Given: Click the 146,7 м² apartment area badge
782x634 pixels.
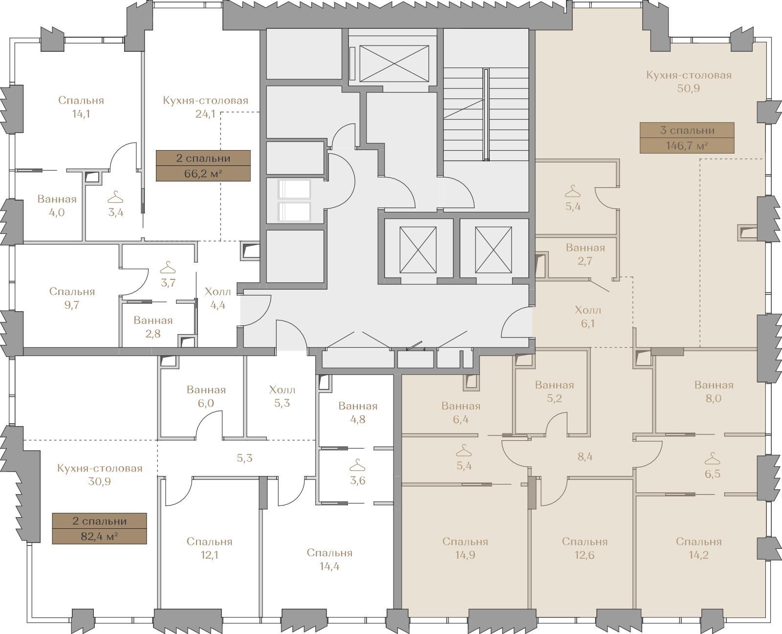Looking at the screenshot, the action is tap(687, 137).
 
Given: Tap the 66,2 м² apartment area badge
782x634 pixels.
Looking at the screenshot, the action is tap(203, 165).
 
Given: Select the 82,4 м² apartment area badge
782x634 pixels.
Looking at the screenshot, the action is tap(100, 528).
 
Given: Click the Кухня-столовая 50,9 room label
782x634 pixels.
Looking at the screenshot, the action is tap(689, 82).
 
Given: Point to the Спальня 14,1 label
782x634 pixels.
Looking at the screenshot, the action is tap(81, 107).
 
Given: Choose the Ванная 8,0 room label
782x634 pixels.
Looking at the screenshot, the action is tap(714, 391).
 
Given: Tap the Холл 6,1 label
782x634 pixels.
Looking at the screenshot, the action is tap(588, 317).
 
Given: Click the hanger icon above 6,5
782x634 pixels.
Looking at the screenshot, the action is tap(712, 458).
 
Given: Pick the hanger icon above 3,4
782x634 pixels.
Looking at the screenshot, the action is tap(115, 197).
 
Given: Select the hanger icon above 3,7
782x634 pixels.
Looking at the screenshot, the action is tap(168, 267).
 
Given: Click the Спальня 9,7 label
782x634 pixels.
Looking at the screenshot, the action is tap(72, 298).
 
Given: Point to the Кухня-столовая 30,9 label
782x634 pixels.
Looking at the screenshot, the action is tap(100, 475).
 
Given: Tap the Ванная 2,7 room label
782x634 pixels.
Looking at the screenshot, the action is tap(585, 254).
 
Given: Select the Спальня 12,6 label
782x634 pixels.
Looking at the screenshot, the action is tap(585, 548).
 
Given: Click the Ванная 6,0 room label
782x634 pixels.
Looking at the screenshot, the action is tap(206, 396).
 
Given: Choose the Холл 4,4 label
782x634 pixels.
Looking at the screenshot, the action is tap(217, 298).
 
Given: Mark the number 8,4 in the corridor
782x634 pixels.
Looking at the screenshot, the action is tap(585, 457).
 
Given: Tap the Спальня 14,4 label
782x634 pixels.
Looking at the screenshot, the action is tap(329, 559).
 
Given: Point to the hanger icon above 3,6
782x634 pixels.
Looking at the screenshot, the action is tap(357, 466).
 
